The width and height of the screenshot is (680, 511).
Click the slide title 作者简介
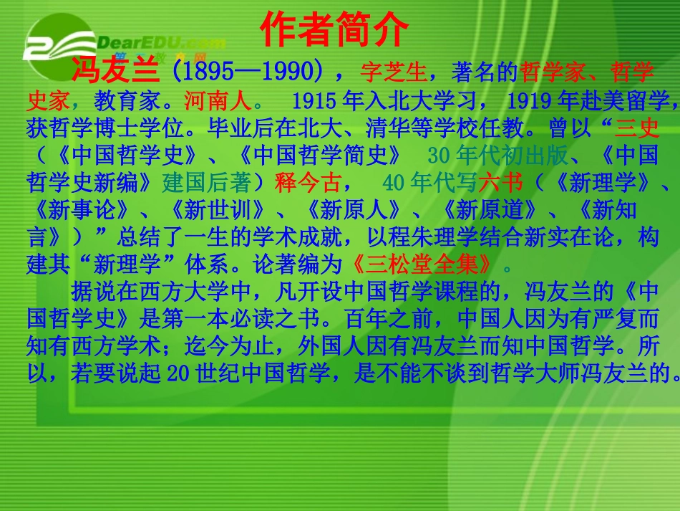tap(334, 30)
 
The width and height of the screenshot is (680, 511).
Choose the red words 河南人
tap(217, 100)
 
